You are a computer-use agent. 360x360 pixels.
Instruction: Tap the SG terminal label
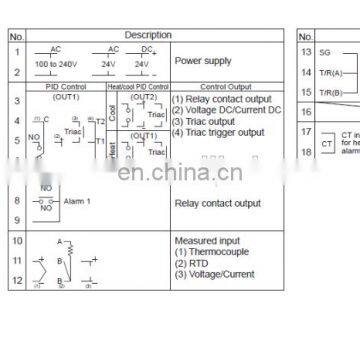click(x=326, y=51)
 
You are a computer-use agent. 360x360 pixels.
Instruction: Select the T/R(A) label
click(x=330, y=72)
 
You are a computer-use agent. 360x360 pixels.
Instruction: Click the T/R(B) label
click(x=330, y=92)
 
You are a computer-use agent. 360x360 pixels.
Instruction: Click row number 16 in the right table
click(x=307, y=114)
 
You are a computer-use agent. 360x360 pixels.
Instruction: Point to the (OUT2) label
click(x=145, y=97)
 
